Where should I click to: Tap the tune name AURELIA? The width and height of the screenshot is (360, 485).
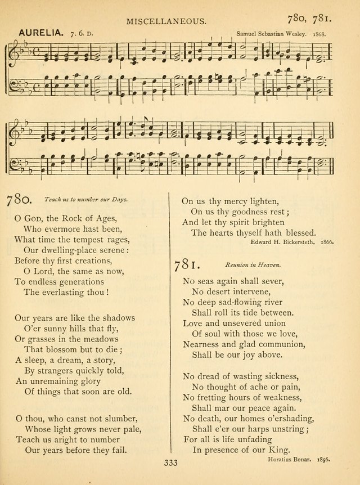click(x=42, y=34)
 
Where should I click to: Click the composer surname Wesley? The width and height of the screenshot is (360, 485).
click(x=294, y=34)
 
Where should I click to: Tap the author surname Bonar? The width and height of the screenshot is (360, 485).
click(x=295, y=459)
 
